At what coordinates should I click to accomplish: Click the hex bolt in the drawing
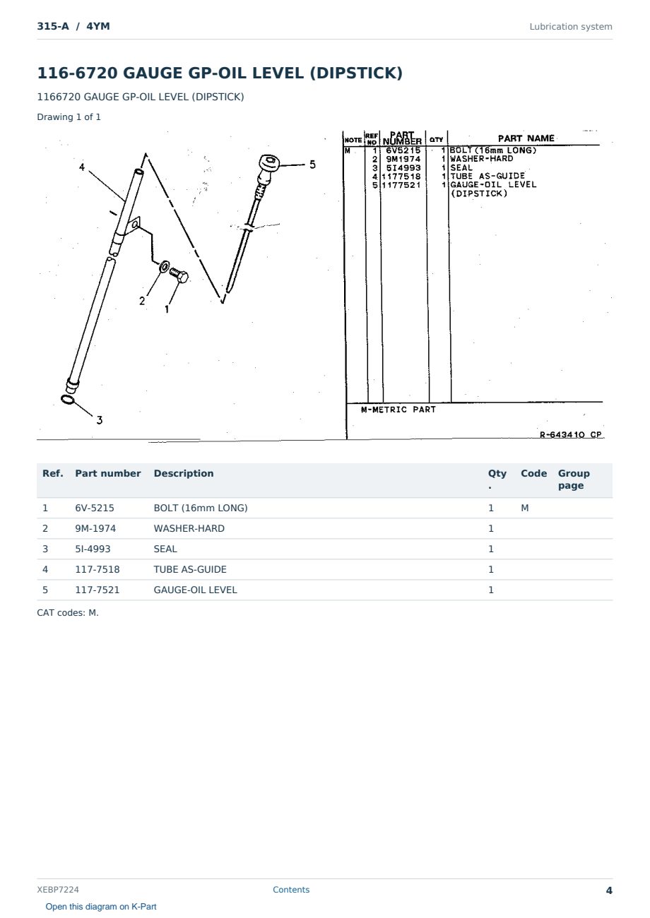click(x=179, y=275)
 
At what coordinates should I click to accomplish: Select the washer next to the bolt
click(x=164, y=267)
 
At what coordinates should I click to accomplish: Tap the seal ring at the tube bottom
click(x=68, y=399)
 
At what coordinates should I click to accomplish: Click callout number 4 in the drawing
click(x=82, y=167)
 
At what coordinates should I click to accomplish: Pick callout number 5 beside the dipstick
click(x=312, y=165)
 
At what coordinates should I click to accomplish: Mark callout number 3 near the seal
click(x=99, y=420)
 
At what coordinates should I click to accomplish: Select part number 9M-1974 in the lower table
click(x=95, y=528)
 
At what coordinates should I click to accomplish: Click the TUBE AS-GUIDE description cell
click(x=190, y=569)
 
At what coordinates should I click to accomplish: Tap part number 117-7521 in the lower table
click(x=97, y=590)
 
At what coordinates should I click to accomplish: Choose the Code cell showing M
click(x=524, y=508)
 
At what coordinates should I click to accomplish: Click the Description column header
click(x=184, y=473)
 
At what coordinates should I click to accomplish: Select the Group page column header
click(x=574, y=479)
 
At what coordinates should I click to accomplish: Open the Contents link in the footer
click(x=291, y=889)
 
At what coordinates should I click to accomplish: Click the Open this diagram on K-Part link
click(x=101, y=906)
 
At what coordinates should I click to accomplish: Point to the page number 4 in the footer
click(x=609, y=890)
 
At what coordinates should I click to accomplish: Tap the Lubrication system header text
click(x=571, y=27)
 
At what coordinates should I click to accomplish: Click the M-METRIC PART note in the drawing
click(x=398, y=410)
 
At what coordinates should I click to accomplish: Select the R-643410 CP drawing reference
click(x=571, y=434)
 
